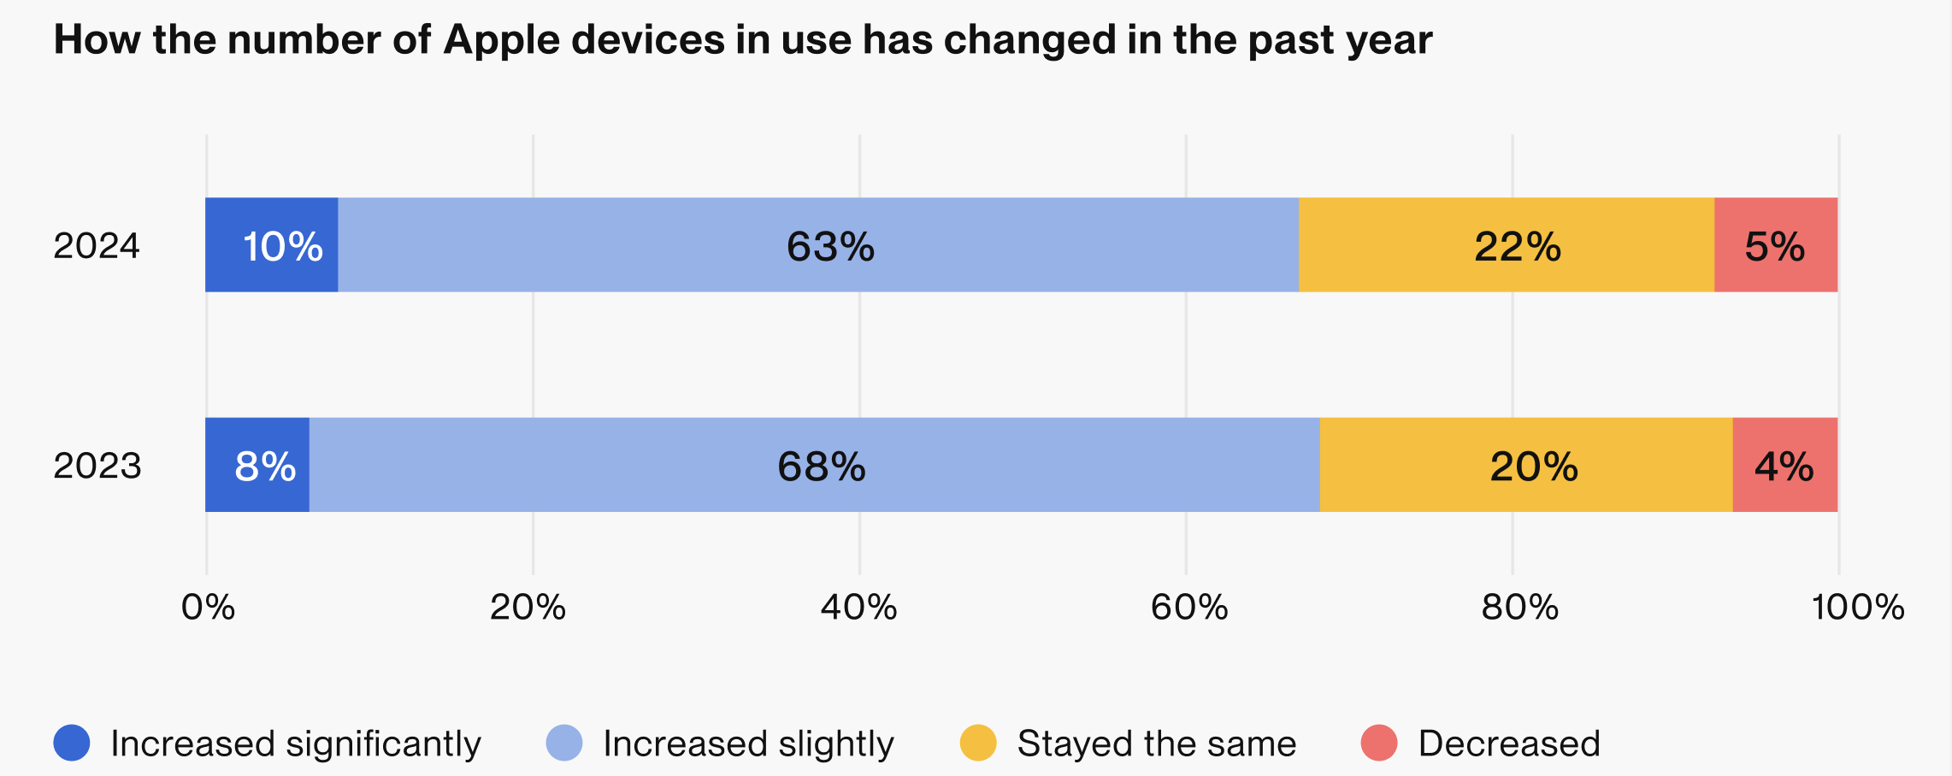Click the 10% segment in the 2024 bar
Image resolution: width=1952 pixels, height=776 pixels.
click(x=272, y=245)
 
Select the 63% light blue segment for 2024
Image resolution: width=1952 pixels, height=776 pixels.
click(x=818, y=245)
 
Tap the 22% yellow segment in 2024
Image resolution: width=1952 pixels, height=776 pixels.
click(x=1507, y=245)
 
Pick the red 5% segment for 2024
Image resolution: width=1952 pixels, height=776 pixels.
click(x=1776, y=245)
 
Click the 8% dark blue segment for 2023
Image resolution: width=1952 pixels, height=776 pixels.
click(x=257, y=465)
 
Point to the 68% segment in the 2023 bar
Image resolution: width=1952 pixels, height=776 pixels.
click(x=814, y=465)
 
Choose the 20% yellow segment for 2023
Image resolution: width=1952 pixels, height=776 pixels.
click(x=1526, y=465)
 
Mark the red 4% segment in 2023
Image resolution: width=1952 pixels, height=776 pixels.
click(x=1785, y=465)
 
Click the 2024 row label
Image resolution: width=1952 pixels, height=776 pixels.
click(x=97, y=246)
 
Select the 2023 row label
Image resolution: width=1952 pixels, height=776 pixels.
click(x=97, y=466)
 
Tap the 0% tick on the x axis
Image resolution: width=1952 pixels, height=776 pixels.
click(x=208, y=608)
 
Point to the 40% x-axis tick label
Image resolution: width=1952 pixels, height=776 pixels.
click(x=858, y=608)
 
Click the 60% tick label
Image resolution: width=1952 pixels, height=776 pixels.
click(x=1188, y=608)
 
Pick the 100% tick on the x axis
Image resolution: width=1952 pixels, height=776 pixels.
click(x=1857, y=608)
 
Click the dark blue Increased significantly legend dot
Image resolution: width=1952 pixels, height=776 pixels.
click(x=72, y=743)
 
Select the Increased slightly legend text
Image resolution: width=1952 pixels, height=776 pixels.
click(x=748, y=744)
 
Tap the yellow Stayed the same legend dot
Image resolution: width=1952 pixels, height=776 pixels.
click(x=978, y=743)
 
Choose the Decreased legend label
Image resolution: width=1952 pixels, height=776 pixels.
click(x=1508, y=744)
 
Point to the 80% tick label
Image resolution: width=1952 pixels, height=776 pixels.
click(x=1519, y=608)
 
